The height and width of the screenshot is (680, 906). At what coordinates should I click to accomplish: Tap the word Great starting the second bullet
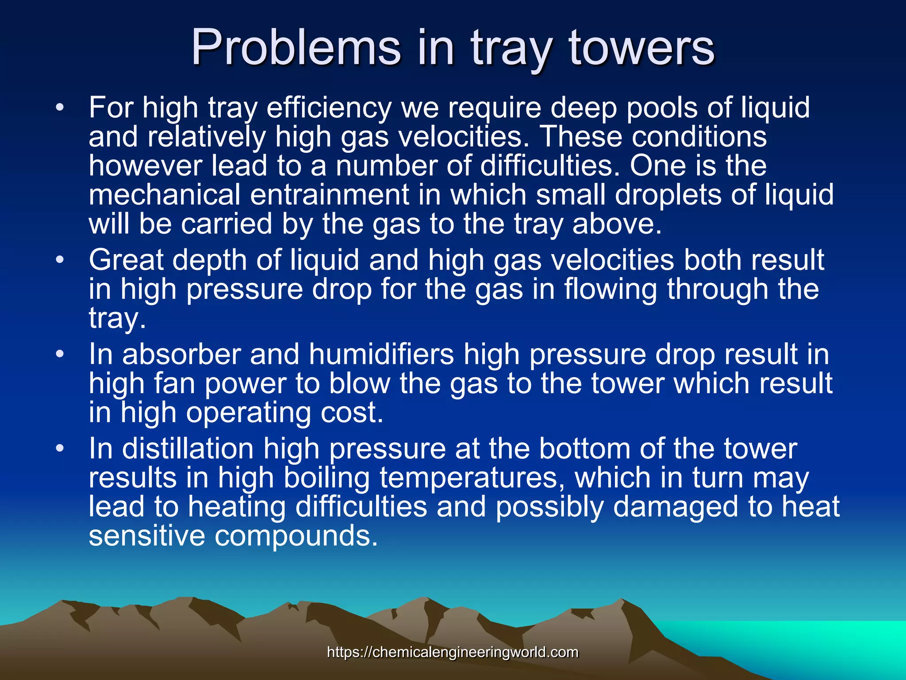(126, 260)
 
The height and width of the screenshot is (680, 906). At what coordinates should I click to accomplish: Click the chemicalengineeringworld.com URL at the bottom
(453, 652)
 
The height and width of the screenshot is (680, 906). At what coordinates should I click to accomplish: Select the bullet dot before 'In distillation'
(61, 449)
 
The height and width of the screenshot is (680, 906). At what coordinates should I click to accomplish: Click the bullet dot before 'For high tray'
(61, 108)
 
